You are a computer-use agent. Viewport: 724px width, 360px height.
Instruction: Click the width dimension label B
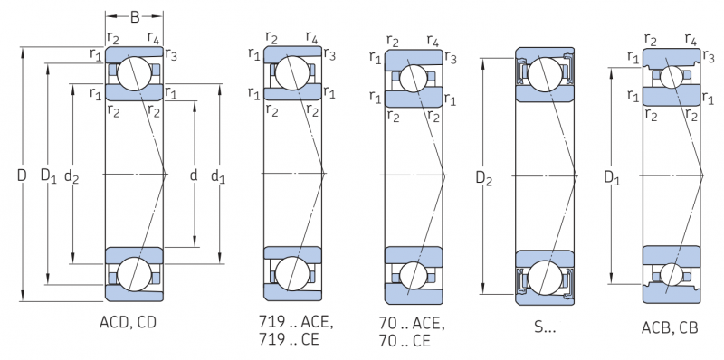tap(135, 17)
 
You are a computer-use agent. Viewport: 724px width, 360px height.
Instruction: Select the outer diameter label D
tap(22, 175)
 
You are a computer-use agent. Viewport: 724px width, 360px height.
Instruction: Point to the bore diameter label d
tap(194, 175)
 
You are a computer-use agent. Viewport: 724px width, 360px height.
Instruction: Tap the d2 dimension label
tap(71, 175)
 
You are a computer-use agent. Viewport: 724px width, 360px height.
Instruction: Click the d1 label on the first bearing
tap(218, 175)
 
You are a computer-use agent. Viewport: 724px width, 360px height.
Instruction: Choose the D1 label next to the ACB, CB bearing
tap(613, 177)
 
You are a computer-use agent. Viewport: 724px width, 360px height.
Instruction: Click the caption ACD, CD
tap(128, 322)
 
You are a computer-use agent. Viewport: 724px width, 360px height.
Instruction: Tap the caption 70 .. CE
tap(405, 341)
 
